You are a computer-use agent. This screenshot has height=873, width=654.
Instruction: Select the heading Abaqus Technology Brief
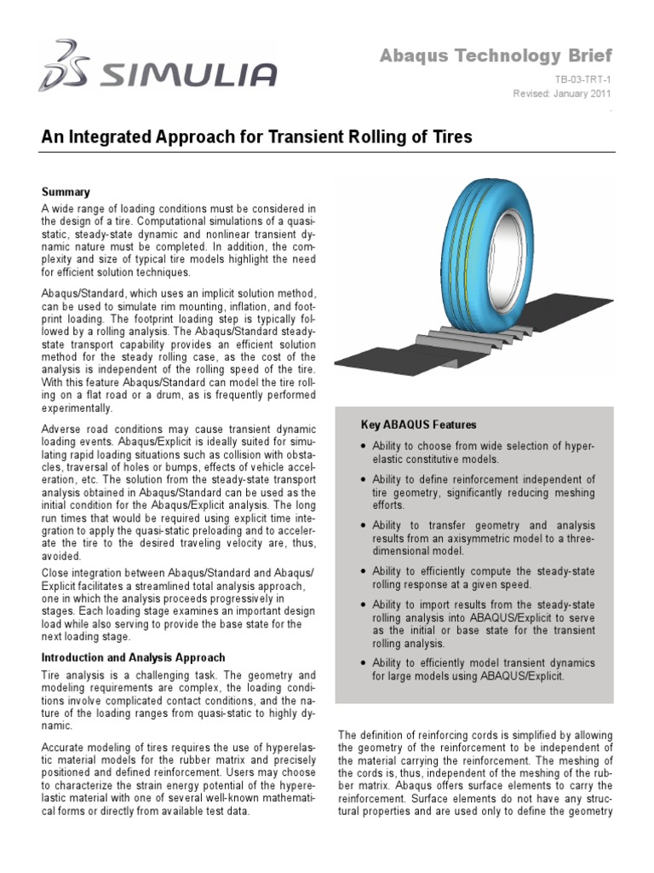pos(495,56)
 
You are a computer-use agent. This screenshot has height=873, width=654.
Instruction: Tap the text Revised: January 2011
pos(562,94)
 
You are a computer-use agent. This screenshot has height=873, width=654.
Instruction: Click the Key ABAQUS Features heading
pos(419,425)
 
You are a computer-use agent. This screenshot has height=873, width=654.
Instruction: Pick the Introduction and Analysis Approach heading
pos(134,657)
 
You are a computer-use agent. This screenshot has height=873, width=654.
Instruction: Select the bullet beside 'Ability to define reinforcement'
pos(364,480)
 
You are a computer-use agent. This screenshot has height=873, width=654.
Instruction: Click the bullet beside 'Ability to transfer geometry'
pos(364,526)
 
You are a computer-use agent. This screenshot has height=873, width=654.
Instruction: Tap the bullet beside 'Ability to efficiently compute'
pos(364,571)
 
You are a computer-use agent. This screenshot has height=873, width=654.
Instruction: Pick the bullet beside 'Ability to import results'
pos(364,604)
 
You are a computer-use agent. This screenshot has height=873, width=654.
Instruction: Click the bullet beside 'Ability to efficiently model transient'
pos(364,663)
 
